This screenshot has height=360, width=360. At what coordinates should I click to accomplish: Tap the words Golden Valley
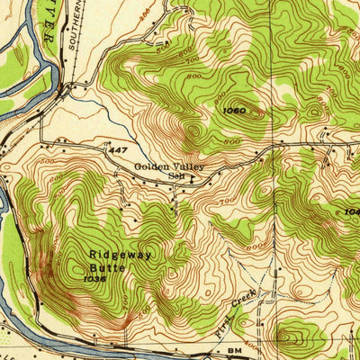pyautogui.click(x=170, y=166)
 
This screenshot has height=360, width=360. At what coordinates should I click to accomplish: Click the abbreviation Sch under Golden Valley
pyautogui.click(x=175, y=176)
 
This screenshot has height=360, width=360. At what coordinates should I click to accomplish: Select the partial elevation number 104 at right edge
pyautogui.click(x=351, y=212)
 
